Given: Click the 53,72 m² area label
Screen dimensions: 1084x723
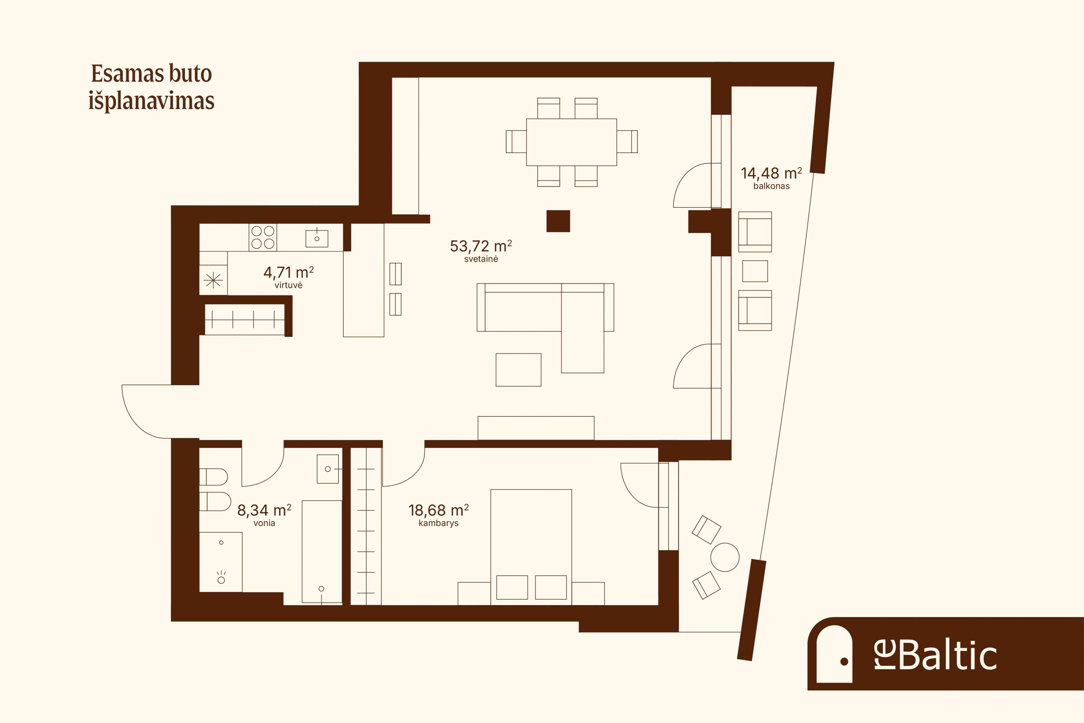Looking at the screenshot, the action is click(481, 246).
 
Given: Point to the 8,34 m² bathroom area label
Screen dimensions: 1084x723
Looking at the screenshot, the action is click(264, 510).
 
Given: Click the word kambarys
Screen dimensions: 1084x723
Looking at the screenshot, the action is click(438, 523).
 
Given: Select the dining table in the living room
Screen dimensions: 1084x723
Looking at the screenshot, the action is click(572, 142).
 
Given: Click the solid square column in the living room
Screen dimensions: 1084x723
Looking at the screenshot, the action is click(558, 221).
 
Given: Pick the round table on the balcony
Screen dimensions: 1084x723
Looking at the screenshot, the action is click(725, 557).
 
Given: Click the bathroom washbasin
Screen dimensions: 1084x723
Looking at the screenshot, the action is click(328, 469).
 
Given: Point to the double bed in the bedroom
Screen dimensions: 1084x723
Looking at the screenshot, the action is click(531, 547).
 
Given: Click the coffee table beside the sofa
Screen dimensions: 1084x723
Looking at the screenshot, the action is click(518, 370).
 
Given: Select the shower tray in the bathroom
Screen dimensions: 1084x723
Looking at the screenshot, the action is click(221, 562).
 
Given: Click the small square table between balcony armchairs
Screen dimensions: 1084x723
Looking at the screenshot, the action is click(755, 271).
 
